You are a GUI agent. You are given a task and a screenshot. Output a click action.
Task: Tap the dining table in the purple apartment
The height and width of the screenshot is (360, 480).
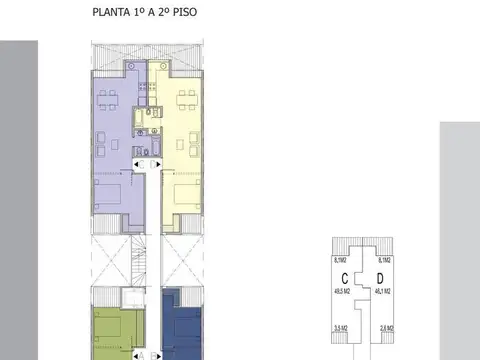(107, 98)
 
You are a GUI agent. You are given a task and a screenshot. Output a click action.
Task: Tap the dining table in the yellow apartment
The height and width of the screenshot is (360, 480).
(186, 98)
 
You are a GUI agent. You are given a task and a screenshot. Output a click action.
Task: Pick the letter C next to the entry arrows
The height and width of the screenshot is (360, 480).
(142, 164)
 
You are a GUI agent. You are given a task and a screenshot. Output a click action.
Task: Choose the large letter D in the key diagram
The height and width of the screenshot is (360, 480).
(380, 277)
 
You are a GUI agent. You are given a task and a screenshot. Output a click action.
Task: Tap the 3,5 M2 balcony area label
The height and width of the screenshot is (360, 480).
(340, 327)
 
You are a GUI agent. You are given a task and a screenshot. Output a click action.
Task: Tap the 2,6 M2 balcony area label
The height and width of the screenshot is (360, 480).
(386, 327)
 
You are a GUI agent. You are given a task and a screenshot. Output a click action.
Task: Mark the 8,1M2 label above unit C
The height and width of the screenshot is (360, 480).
(340, 259)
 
